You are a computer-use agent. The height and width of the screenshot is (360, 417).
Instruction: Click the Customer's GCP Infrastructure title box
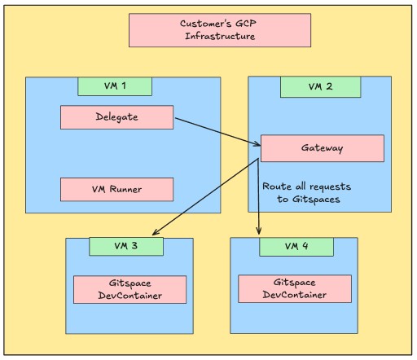(x=220, y=30)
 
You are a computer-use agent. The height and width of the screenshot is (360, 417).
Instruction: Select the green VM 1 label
(x=115, y=86)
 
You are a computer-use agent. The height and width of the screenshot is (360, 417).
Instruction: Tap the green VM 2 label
(x=321, y=87)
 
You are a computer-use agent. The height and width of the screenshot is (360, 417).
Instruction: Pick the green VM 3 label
(x=126, y=247)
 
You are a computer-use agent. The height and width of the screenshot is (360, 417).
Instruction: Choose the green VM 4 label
(x=296, y=247)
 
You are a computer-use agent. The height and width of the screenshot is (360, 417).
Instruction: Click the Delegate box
(x=116, y=117)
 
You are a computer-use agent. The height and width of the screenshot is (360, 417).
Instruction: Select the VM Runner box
(x=116, y=190)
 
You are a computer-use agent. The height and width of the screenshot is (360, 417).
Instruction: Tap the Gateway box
(x=323, y=148)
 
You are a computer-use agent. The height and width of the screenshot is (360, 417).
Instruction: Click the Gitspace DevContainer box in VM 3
(x=129, y=289)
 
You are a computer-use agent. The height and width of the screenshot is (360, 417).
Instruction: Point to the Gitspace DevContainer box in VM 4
(x=295, y=288)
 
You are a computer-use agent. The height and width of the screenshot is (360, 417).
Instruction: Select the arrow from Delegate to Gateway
(x=217, y=132)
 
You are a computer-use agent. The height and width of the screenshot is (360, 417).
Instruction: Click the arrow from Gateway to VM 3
(x=205, y=197)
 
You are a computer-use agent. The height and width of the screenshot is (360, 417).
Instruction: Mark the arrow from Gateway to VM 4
(x=258, y=196)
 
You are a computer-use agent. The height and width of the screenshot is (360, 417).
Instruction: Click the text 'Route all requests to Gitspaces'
(x=307, y=193)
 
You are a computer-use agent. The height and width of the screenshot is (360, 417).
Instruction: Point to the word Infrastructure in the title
(x=220, y=36)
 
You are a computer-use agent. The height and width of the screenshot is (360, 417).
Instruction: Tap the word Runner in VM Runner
(x=125, y=189)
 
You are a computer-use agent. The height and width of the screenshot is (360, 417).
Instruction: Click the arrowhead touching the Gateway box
(x=257, y=143)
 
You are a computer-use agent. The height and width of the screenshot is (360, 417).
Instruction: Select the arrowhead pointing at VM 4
(x=259, y=230)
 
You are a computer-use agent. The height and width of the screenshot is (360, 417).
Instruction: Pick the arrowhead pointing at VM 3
(x=156, y=232)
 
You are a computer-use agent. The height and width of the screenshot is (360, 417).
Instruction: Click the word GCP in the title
(x=245, y=24)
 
